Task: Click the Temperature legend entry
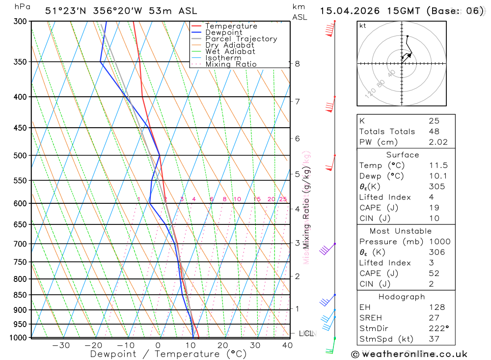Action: coord(231,26)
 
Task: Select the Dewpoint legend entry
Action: coord(224,32)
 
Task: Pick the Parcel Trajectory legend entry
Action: coord(241,39)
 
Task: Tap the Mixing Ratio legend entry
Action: coord(231,64)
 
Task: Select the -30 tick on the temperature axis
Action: coord(61,345)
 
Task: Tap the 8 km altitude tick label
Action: coord(297,63)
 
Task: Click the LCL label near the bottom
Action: coord(306,334)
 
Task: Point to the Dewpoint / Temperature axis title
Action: coord(168,354)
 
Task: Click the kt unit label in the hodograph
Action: coord(363,26)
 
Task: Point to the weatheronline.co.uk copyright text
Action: coord(409,354)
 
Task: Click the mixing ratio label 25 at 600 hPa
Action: coord(283,199)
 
